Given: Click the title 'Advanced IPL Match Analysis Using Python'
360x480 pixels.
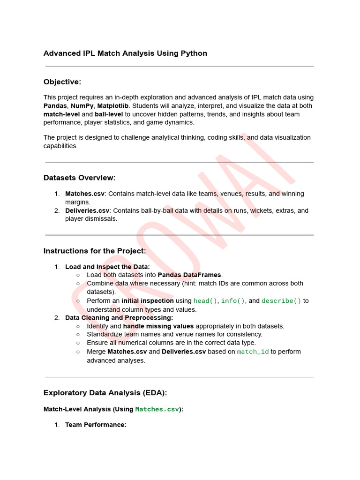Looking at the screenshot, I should coord(125,53).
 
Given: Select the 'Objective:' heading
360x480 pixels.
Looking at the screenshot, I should coord(62,82).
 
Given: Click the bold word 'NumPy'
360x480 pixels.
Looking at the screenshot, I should coord(82,106).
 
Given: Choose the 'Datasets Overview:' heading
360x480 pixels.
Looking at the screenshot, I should coord(79,178).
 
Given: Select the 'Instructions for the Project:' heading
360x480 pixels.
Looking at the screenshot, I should coord(95,251).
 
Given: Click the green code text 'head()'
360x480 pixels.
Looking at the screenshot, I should coord(205,301).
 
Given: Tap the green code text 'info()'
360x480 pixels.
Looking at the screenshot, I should coord(233,301).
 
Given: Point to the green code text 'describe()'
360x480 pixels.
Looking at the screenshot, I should coord(281,301).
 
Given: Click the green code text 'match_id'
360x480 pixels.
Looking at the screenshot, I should coord(253,352).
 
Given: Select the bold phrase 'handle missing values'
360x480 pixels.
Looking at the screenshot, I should coord(158,326).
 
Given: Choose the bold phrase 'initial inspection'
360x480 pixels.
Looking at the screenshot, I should coord(148,301).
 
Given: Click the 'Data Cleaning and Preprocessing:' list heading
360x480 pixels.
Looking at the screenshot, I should coord(119,318).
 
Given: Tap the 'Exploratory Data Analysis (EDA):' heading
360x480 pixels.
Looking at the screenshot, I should coord(105,393).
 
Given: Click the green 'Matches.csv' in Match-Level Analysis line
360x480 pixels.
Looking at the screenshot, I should coord(157,410).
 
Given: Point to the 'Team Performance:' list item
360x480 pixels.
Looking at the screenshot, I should coord(96,425).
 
